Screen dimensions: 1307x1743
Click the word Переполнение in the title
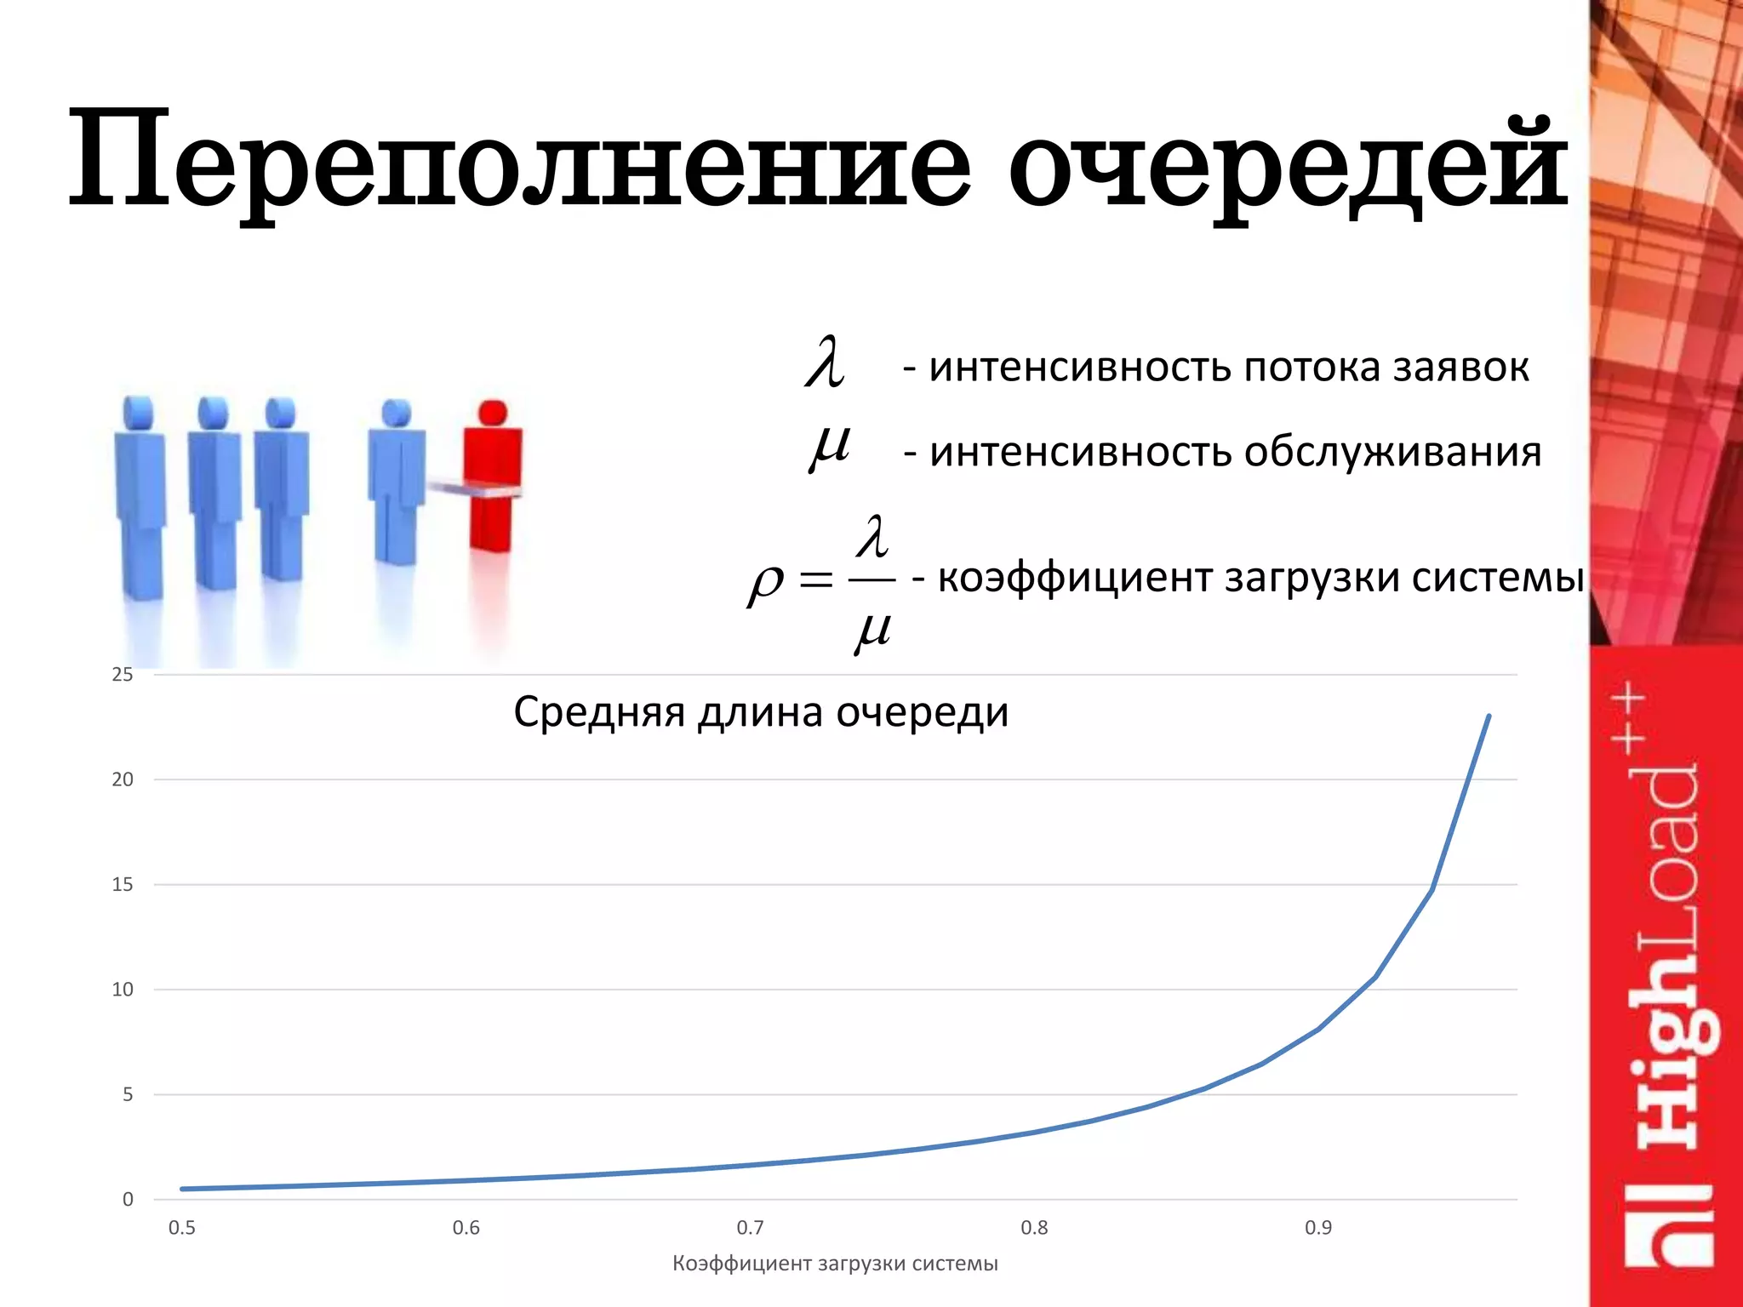519,162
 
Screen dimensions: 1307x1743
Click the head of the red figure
492,414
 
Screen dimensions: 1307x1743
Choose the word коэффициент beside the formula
1075,578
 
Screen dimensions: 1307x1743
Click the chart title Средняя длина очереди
761,711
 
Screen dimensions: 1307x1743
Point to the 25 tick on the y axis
123,675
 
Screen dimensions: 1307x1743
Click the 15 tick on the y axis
123,885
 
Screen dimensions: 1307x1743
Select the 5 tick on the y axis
128,1094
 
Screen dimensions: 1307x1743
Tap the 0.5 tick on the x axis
181,1228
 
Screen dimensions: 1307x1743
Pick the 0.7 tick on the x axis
750,1228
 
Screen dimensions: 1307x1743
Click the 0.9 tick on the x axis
1318,1228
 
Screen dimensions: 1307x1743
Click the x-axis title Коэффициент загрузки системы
835,1264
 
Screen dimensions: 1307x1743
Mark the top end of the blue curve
1489,716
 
